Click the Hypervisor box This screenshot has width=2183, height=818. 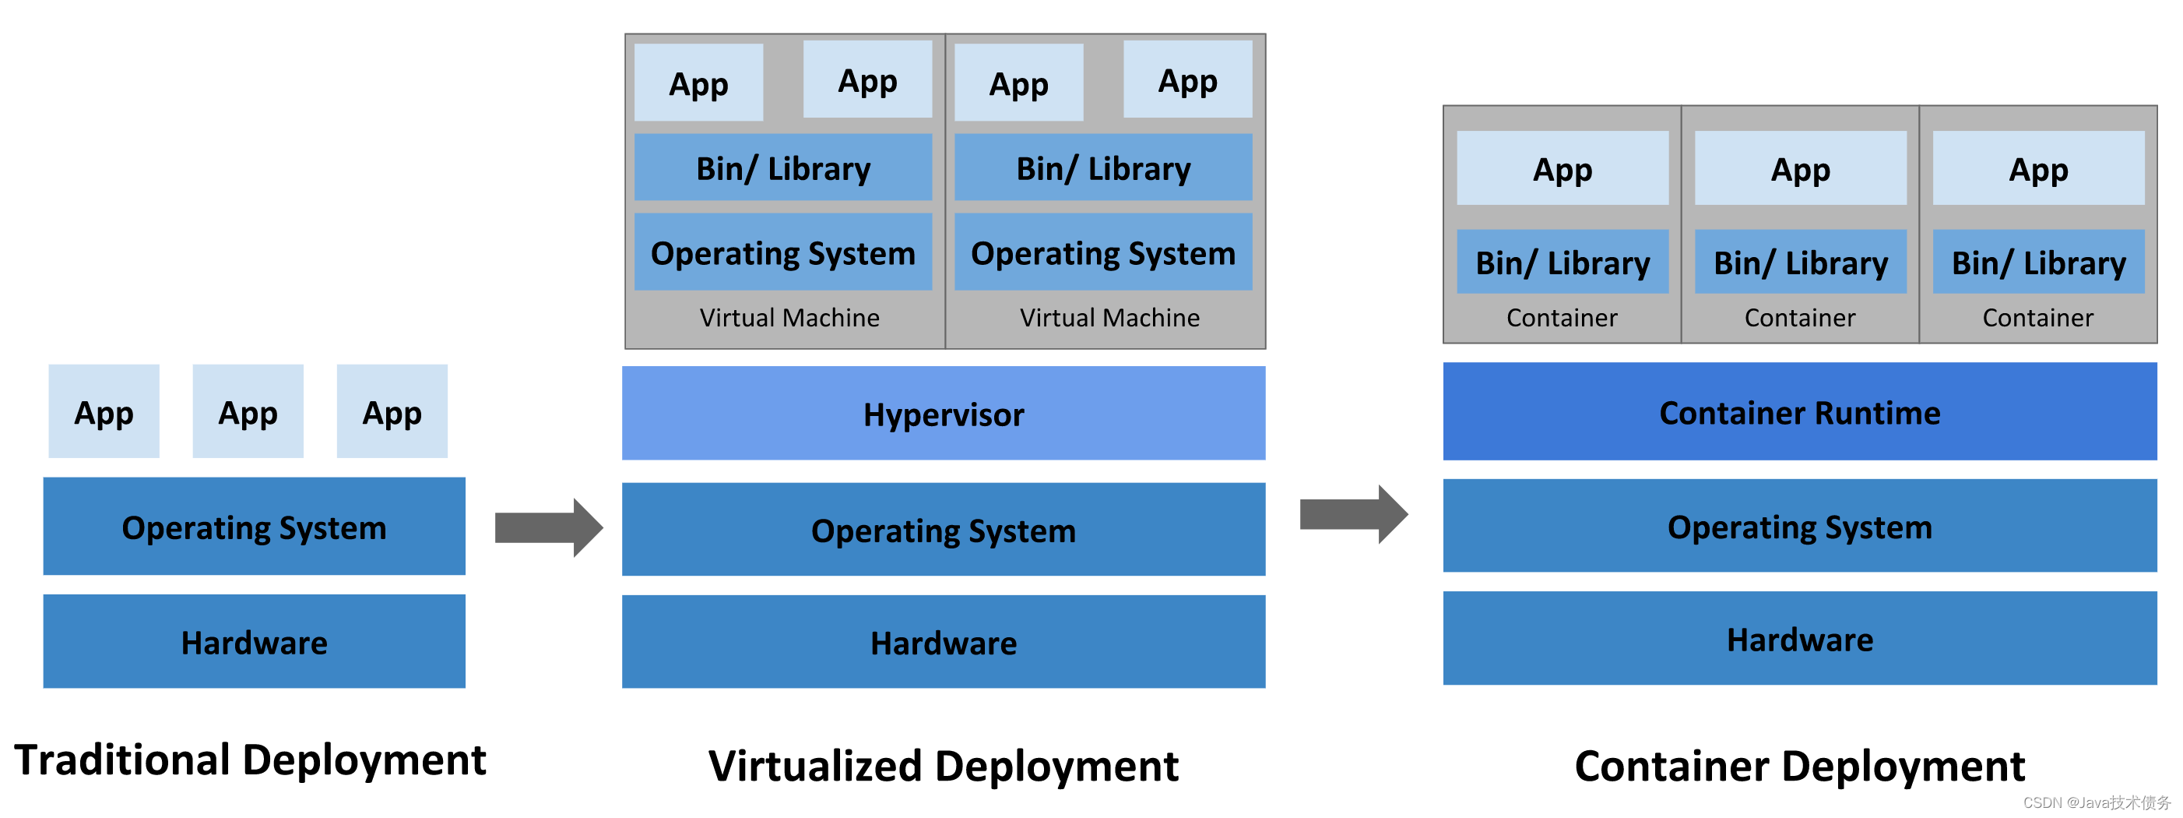coord(944,414)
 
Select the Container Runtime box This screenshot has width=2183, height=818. coord(1799,412)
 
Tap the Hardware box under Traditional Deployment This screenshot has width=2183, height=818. coord(255,642)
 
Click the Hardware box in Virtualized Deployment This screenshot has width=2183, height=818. coord(944,643)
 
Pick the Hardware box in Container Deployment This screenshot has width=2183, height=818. coord(1799,639)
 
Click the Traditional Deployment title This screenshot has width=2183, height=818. coord(250,760)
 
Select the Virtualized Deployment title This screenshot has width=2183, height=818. coord(944,766)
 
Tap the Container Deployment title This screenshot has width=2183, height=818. coord(1799,766)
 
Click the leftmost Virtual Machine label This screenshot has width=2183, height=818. coord(789,318)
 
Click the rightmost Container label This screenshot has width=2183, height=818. coord(2037,318)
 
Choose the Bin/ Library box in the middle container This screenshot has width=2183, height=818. coord(1800,263)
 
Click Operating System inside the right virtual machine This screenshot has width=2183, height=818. coord(1102,252)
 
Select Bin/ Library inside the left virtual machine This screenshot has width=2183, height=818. coord(783,167)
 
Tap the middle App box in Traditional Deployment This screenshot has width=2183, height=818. coord(248,412)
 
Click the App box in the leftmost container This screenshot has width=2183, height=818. coord(1562,169)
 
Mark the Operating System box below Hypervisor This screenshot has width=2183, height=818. coord(944,530)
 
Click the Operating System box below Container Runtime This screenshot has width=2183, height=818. coord(1799,527)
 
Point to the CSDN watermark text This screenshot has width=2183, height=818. coord(2096,802)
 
